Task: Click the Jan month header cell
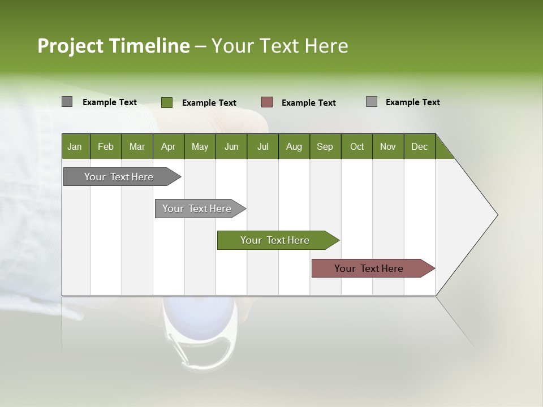75,146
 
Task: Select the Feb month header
106,146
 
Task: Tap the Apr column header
169,146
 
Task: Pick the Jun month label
231,146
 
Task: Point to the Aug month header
294,146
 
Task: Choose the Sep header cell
325,146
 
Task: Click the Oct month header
357,146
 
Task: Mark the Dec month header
420,146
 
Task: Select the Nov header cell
388,146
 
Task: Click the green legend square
167,102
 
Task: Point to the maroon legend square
267,102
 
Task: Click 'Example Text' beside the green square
209,103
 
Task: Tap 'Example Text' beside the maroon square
309,103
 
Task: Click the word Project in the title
71,46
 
